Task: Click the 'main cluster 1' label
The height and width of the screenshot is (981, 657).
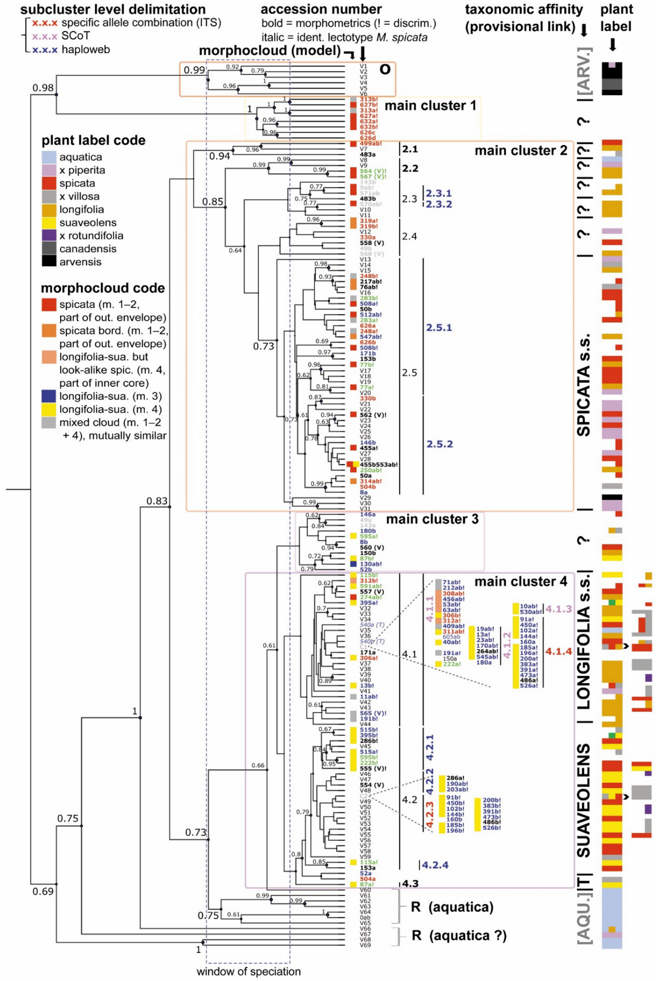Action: click(430, 106)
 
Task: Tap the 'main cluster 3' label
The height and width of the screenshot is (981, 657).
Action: click(432, 519)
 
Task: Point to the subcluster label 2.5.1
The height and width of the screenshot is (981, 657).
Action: click(439, 328)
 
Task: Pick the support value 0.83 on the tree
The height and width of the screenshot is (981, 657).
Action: click(157, 501)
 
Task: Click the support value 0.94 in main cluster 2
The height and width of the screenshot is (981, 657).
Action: click(220, 156)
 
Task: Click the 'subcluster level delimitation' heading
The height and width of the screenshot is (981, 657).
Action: click(113, 9)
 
